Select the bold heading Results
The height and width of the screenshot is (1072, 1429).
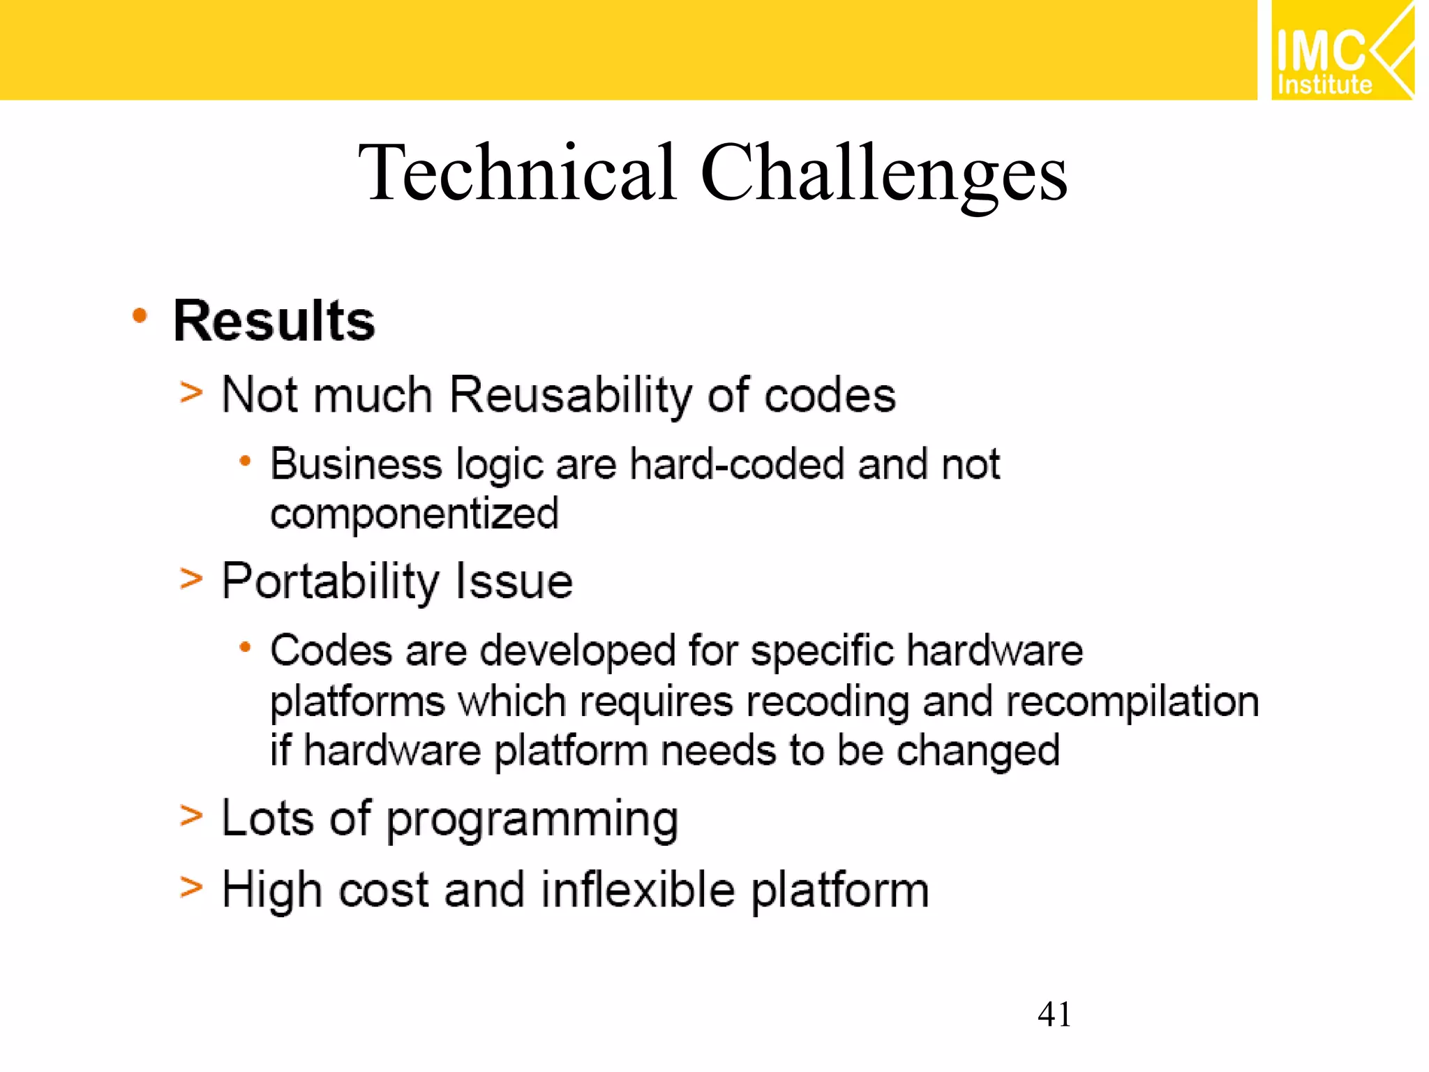click(x=274, y=321)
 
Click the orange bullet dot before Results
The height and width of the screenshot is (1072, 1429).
click(x=140, y=316)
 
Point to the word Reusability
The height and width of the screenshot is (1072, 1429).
click(x=571, y=395)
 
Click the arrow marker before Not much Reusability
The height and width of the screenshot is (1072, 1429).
click(x=190, y=392)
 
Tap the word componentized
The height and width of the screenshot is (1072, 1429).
click(x=414, y=514)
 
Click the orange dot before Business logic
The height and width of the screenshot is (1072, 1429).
click(x=244, y=461)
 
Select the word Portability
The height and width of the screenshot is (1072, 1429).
click(x=330, y=581)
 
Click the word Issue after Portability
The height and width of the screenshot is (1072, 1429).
click(x=514, y=581)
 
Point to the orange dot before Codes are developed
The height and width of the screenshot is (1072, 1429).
click(x=244, y=648)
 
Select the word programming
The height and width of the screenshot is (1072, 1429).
click(x=532, y=819)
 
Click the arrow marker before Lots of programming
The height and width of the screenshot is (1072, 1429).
click(x=190, y=815)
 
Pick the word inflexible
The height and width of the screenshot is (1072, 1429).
click(x=638, y=891)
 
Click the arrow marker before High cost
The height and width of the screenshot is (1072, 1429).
click(x=190, y=888)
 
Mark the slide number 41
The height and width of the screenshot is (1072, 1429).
click(x=1054, y=1014)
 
